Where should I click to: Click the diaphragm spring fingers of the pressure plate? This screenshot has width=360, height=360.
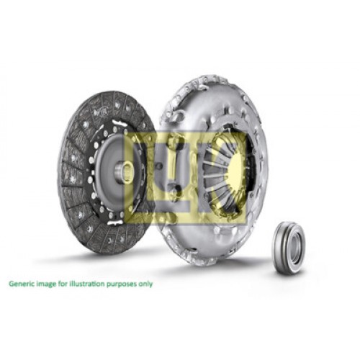(x=216, y=173)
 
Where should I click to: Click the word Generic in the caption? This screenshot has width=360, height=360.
(x=21, y=284)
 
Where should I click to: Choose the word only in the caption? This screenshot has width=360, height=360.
(x=146, y=284)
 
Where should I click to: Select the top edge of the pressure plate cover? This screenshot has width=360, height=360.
(x=209, y=77)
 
